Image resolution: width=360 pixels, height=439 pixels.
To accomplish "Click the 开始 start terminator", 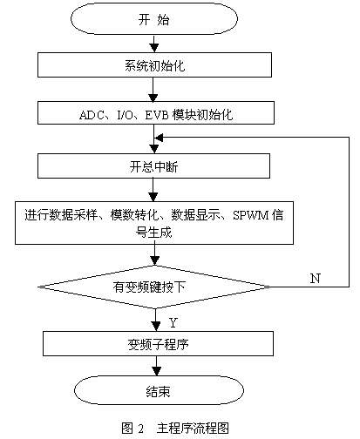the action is [x=154, y=19].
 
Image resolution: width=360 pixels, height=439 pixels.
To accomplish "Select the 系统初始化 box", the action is [x=154, y=64].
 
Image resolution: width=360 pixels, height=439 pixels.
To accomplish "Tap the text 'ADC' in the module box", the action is [x=92, y=115].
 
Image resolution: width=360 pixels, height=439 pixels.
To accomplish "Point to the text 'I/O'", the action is [x=125, y=115].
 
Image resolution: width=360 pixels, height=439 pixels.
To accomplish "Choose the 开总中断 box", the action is [x=153, y=165].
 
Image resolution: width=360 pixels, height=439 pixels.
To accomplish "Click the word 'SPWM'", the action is [x=251, y=215].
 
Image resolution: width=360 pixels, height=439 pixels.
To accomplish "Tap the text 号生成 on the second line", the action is [x=154, y=233].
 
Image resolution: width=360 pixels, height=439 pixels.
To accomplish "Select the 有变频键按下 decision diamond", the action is [x=154, y=287].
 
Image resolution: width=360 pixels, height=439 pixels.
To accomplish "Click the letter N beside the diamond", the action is [x=316, y=278].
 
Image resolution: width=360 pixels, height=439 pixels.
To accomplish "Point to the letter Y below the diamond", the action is [x=173, y=322].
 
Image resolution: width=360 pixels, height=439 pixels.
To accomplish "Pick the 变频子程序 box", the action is [x=158, y=343].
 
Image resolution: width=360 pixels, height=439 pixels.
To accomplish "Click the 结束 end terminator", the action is [x=159, y=390].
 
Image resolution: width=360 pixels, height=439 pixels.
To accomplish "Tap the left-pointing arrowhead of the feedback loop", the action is [x=159, y=138].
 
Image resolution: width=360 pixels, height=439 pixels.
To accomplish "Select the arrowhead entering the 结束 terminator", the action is [x=157, y=371].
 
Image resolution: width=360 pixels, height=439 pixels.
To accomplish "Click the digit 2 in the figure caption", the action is [x=141, y=429].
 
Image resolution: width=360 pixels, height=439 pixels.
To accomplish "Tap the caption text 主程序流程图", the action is [x=193, y=429].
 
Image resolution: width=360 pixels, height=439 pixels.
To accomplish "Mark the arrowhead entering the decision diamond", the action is [x=155, y=260].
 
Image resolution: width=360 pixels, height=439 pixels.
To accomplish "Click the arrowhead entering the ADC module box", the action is [x=153, y=98].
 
